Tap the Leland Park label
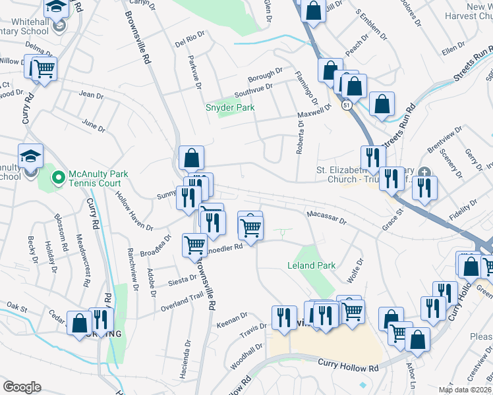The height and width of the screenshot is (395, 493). click(x=312, y=265)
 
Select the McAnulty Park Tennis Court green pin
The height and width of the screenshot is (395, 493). click(x=58, y=176)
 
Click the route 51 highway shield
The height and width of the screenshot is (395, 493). click(x=347, y=104)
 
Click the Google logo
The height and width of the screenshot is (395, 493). click(x=22, y=386)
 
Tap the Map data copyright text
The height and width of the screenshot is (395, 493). click(x=464, y=390)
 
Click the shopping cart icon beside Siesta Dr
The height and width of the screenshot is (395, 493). click(x=194, y=244)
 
